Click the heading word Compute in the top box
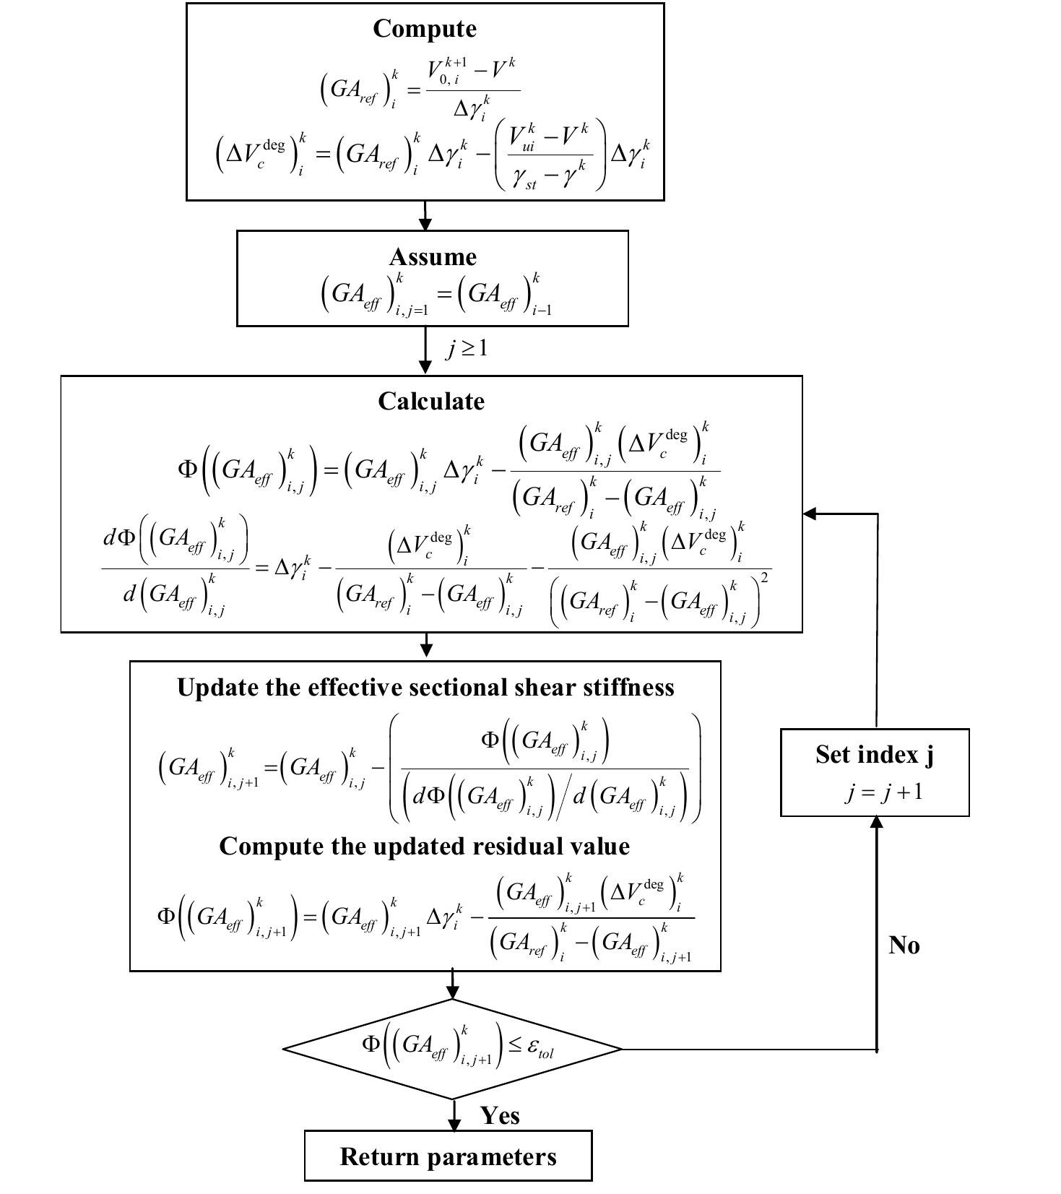425,29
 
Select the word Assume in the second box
433,257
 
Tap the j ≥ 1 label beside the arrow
467,349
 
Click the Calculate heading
431,402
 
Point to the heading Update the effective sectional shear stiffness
425,687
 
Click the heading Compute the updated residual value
424,846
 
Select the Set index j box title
874,754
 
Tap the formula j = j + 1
883,792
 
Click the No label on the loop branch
904,945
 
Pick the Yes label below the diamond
500,1115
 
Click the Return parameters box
448,1156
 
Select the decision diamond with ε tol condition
452,1049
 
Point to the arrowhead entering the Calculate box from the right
810,514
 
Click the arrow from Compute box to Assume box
425,216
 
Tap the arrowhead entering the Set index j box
876,823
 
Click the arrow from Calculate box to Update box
426,646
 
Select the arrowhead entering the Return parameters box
454,1125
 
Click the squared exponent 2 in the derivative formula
765,578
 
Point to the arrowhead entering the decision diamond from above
452,992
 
